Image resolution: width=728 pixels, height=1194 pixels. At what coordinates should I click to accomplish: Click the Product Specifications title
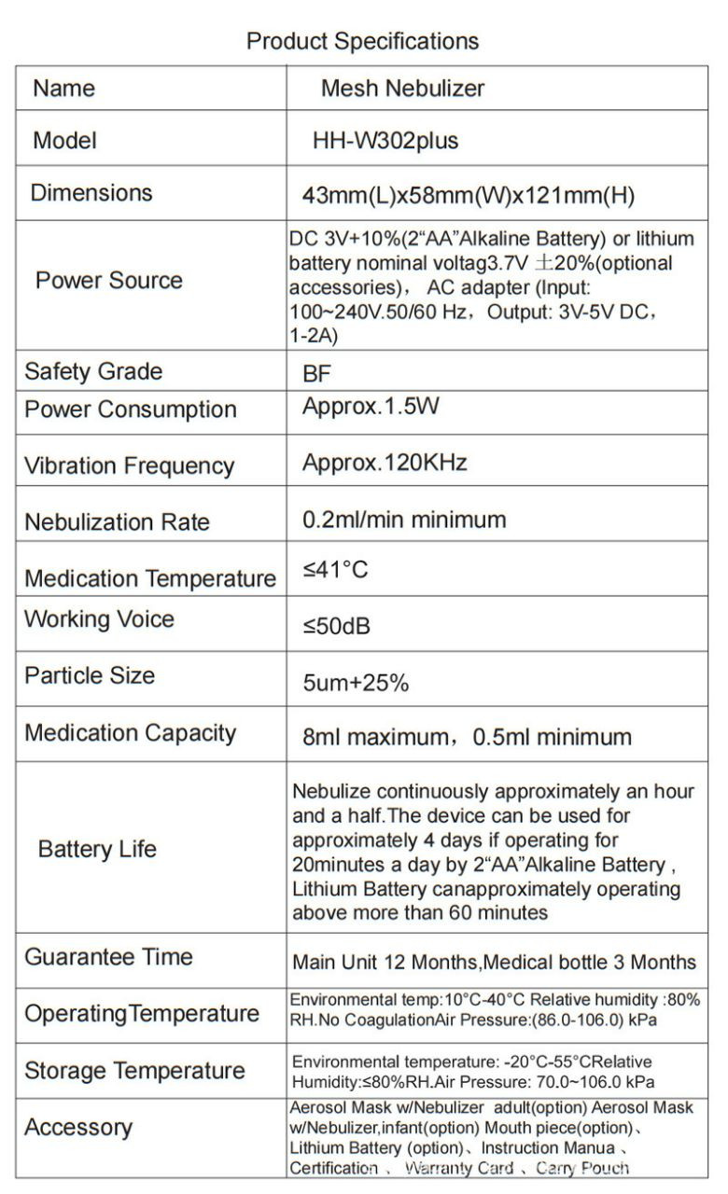(x=362, y=41)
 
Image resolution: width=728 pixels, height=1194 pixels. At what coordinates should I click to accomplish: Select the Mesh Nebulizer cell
(x=402, y=89)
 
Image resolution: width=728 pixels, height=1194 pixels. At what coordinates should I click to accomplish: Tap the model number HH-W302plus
(x=385, y=141)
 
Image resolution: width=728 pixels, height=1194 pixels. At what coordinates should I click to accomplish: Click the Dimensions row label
(x=91, y=193)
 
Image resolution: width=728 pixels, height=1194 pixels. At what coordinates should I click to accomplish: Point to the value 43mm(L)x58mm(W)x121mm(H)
(x=469, y=196)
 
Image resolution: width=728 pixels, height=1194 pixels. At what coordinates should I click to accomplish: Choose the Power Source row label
(x=109, y=280)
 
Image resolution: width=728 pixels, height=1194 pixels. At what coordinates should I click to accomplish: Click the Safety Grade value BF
(x=317, y=374)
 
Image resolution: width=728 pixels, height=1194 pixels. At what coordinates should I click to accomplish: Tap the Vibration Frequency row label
(x=130, y=465)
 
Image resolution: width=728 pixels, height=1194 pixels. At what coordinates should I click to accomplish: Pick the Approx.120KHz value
(x=385, y=463)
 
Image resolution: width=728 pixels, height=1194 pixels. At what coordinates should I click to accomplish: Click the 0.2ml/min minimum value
(x=404, y=520)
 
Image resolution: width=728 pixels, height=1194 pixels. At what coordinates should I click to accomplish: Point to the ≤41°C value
(x=336, y=570)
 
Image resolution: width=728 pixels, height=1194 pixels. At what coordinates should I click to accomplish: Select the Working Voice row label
(x=99, y=619)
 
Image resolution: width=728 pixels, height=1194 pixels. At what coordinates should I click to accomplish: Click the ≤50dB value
(x=337, y=626)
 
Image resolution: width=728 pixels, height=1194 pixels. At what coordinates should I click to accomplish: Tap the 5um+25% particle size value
(x=356, y=683)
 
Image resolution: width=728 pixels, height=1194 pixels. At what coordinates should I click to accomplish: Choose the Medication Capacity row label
(x=130, y=733)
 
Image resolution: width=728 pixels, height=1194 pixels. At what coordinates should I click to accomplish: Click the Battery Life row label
(x=97, y=849)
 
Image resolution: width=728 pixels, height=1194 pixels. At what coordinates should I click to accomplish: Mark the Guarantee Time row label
(x=108, y=957)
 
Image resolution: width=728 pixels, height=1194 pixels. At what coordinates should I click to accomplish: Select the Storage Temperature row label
(x=134, y=1070)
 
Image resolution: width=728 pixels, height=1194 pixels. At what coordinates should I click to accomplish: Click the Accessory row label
(x=78, y=1128)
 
